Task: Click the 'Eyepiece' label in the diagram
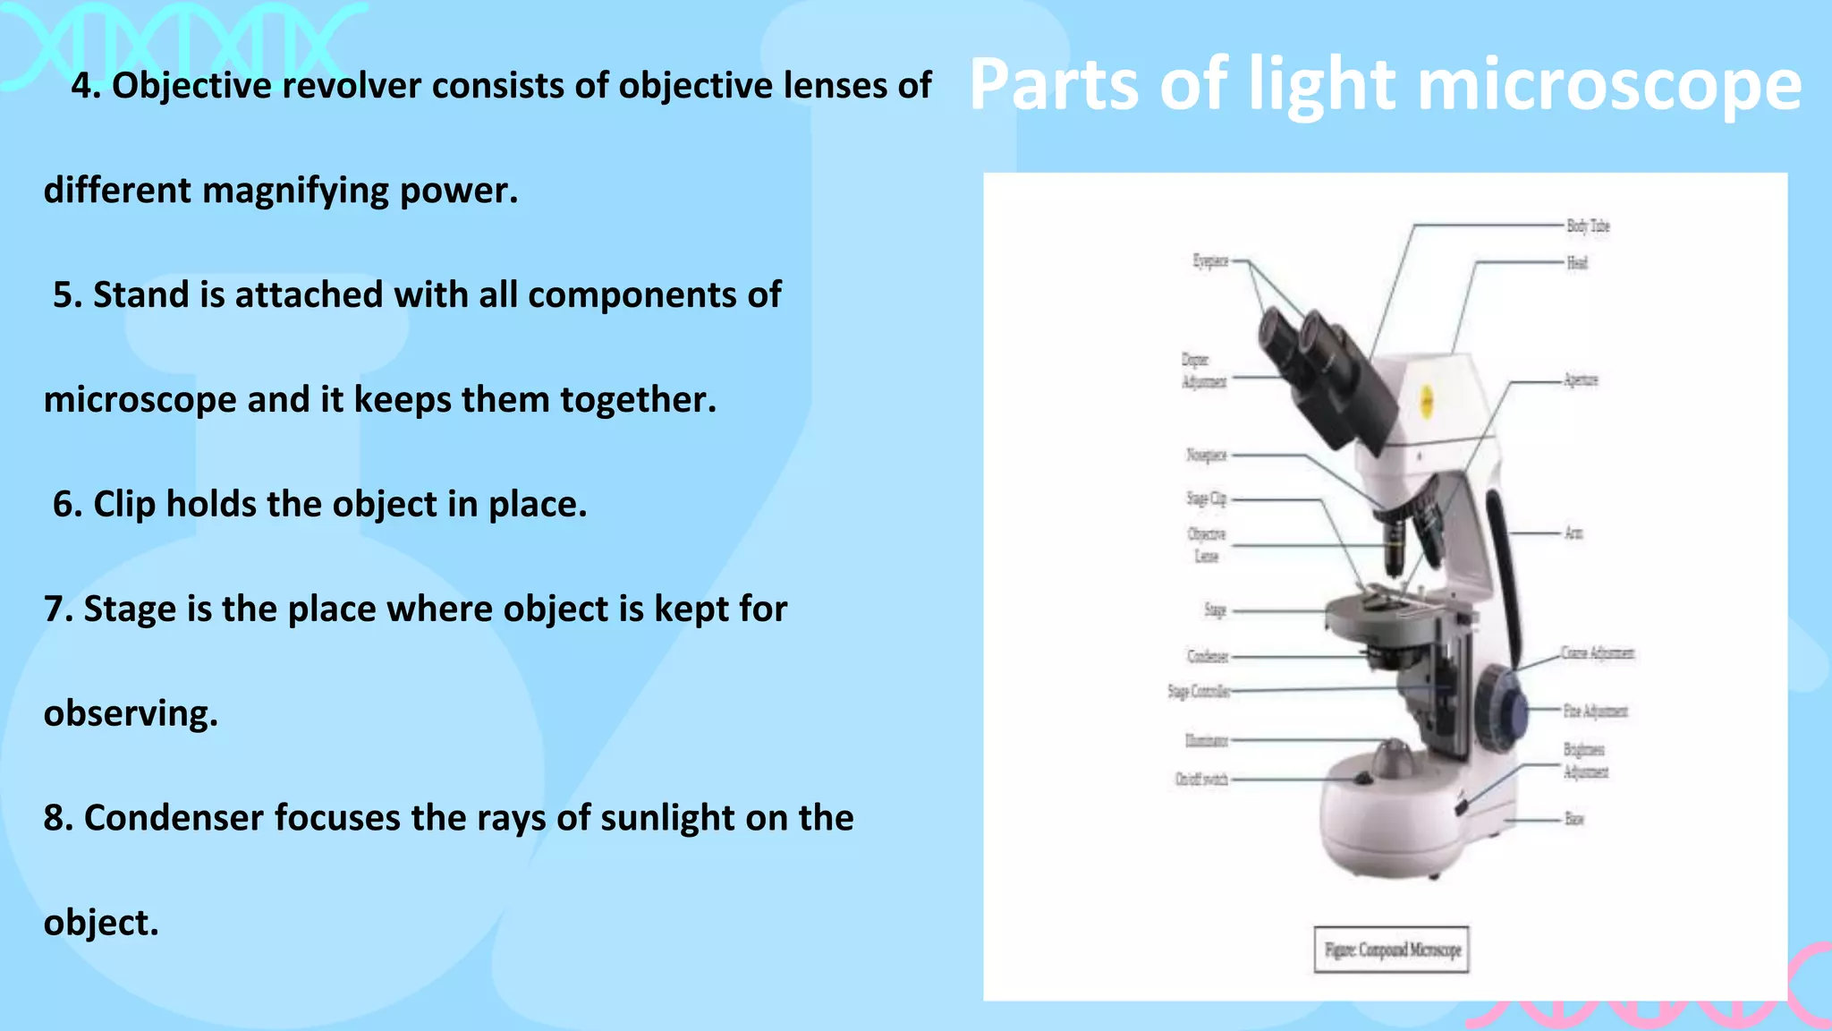click(x=1210, y=261)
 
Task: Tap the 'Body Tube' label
click(x=1588, y=226)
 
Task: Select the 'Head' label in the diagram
click(x=1577, y=263)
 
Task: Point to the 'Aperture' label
click(x=1581, y=380)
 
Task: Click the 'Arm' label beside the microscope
click(x=1573, y=533)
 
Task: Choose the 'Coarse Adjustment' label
click(x=1598, y=653)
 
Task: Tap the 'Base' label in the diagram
click(x=1574, y=819)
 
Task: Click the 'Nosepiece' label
click(x=1207, y=456)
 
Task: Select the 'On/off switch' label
click(x=1201, y=780)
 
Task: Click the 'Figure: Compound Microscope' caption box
click(x=1392, y=950)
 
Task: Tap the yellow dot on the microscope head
click(x=1428, y=401)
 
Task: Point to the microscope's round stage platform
click(x=1382, y=618)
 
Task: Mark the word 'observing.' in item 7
click(x=131, y=714)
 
